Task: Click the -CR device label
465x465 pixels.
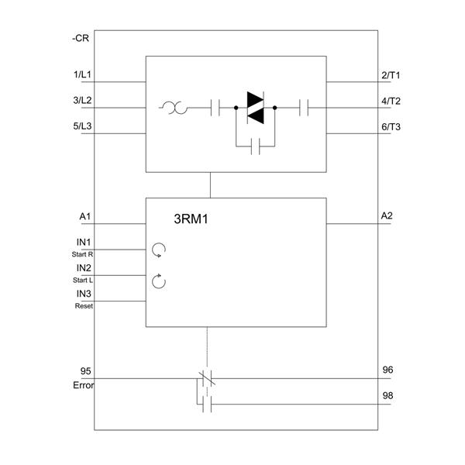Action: coord(81,39)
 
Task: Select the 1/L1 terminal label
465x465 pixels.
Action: coord(82,74)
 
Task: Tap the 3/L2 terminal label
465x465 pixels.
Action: coord(82,100)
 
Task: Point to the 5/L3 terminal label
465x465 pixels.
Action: coord(82,126)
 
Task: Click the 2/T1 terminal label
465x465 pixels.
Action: coord(391,75)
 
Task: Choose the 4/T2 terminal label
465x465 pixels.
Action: coord(391,101)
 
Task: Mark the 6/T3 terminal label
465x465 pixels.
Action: coord(391,127)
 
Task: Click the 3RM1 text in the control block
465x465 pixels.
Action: coord(191,219)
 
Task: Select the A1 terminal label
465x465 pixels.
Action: coord(84,216)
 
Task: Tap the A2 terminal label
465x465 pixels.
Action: coord(387,215)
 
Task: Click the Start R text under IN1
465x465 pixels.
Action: coord(82,254)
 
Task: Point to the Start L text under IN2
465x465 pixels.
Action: coord(83,281)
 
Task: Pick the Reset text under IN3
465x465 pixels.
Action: coord(84,306)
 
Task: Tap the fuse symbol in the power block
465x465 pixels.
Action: coord(174,108)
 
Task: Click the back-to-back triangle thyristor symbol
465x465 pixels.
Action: coord(255,108)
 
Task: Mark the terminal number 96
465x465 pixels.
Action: coord(387,370)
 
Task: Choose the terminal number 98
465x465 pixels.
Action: coord(387,395)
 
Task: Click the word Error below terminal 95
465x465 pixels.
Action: coord(84,385)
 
